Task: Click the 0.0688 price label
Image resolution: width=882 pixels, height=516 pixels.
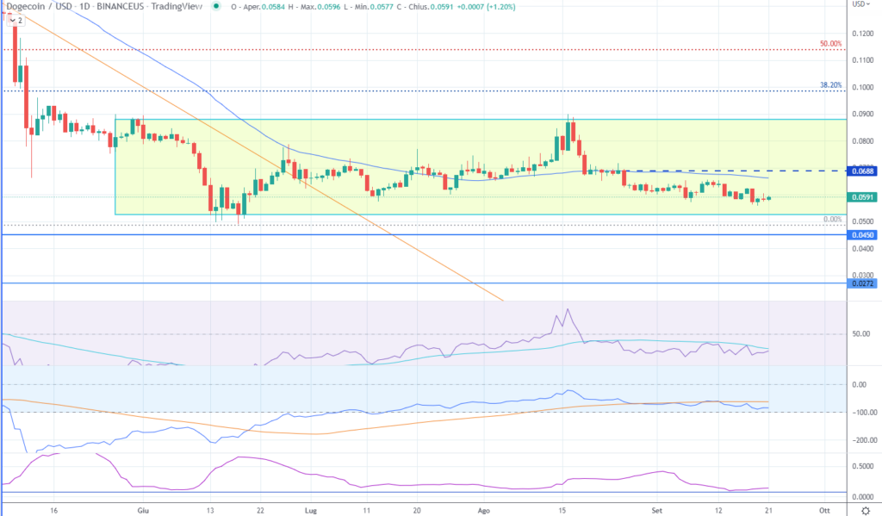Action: click(865, 172)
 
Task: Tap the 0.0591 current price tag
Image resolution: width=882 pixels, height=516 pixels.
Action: click(865, 197)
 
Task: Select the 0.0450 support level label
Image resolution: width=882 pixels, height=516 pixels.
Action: click(865, 234)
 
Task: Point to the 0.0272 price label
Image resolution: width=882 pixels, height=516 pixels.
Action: click(865, 283)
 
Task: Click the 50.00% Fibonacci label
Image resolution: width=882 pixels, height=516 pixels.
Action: click(830, 44)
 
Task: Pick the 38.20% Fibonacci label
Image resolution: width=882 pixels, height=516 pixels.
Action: click(830, 85)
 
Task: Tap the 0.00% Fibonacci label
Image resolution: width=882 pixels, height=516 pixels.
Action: click(832, 220)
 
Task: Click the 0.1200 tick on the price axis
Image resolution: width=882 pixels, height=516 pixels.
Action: click(862, 34)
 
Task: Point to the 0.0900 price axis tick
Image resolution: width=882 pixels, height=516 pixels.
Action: click(862, 114)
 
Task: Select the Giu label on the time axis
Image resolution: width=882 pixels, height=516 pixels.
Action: click(142, 510)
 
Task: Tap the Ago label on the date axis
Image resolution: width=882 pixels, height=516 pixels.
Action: click(484, 510)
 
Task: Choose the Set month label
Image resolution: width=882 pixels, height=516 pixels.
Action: click(659, 510)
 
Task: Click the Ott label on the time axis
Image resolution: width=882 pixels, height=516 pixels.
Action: click(824, 510)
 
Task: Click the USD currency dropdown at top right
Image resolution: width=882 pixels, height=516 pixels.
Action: click(860, 4)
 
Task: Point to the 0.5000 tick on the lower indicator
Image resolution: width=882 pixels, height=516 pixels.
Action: click(862, 467)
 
